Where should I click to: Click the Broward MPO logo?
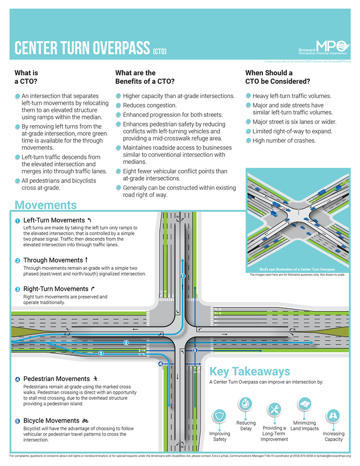click(x=323, y=48)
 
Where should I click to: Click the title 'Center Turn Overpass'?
click(x=82, y=49)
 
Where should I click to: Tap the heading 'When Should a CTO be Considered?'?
click(x=278, y=77)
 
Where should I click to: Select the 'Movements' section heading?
click(x=46, y=205)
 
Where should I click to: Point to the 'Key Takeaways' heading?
click(x=250, y=372)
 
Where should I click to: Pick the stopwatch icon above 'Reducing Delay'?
click(x=245, y=404)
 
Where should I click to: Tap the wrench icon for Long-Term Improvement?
click(x=274, y=410)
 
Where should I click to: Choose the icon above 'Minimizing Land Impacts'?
click(x=304, y=404)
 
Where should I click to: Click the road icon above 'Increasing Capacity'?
click(x=333, y=416)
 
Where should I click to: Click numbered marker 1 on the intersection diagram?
click(x=183, y=276)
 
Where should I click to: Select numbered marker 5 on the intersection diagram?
click(x=195, y=350)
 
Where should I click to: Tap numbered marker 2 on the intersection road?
click(x=126, y=343)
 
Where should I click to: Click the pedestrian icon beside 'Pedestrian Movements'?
click(x=96, y=378)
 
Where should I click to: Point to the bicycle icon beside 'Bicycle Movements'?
click(x=85, y=420)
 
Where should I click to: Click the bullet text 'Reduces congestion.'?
click(x=149, y=105)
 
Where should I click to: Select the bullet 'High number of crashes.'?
click(x=284, y=141)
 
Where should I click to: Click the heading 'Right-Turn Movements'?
click(x=56, y=289)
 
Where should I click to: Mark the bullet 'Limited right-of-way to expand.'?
click(x=292, y=132)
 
